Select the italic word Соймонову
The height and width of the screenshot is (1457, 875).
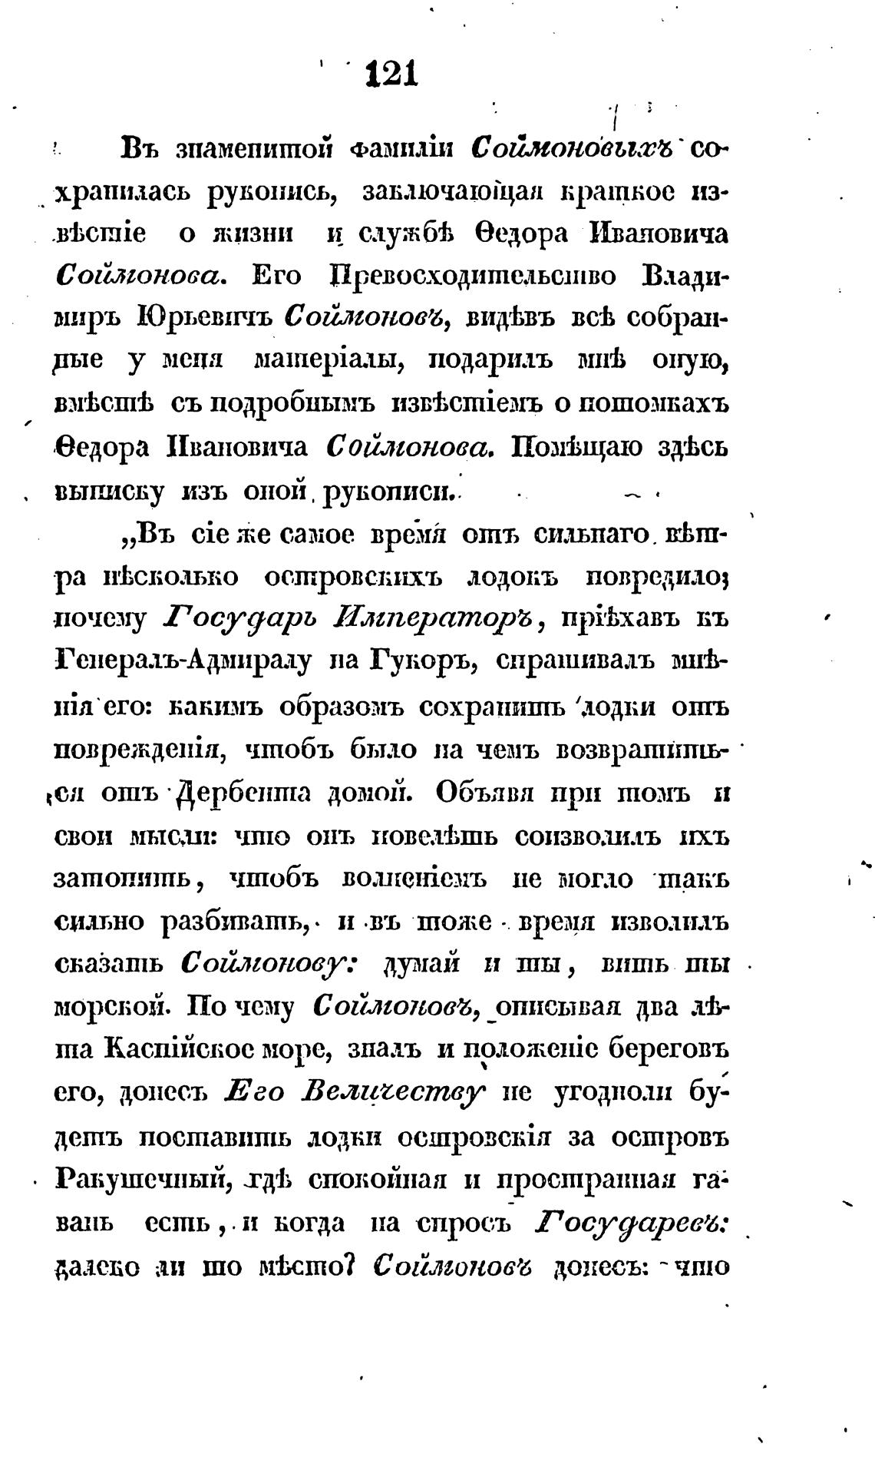[x=268, y=963]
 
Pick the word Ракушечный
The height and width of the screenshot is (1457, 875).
[x=139, y=1178]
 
